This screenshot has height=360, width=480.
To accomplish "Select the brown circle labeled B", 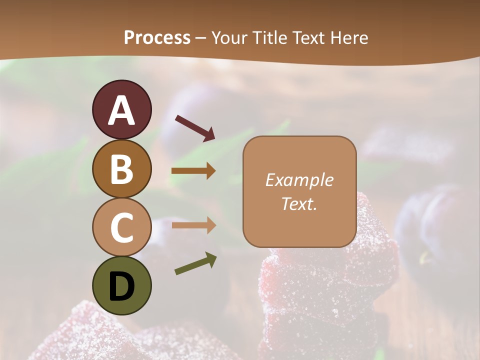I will (x=121, y=168).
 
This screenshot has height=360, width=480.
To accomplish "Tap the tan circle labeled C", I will (x=121, y=227).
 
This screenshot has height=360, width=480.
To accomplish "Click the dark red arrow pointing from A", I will (x=195, y=127).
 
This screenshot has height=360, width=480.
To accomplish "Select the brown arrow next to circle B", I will (x=193, y=171).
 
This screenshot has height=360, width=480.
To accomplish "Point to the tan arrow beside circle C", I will (x=193, y=225).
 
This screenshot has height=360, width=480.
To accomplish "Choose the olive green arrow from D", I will (x=195, y=263).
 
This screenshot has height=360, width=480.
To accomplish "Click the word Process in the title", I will (x=157, y=37).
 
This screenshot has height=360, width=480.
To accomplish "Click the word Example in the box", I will (x=299, y=180).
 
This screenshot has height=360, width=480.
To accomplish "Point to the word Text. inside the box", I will (x=299, y=203).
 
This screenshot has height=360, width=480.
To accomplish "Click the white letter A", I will (x=121, y=110).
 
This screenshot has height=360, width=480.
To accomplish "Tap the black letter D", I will (x=121, y=287).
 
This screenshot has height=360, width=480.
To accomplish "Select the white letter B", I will (x=121, y=168).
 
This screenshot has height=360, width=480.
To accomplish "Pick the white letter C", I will (x=121, y=227).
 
